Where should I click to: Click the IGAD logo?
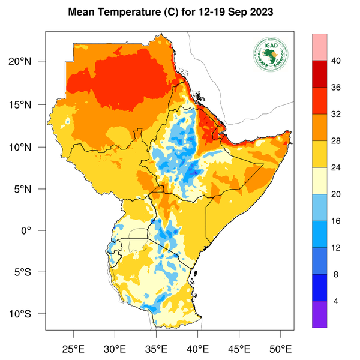[x=271, y=55]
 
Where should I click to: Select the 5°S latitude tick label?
[x=28, y=272]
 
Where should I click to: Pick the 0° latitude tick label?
[x=34, y=230]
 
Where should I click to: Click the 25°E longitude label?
[x=74, y=349]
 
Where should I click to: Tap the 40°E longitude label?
[x=197, y=349]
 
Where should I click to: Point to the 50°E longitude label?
[x=280, y=349]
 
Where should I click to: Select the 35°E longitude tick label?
[x=156, y=349]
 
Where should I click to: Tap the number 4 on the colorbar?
[x=335, y=301]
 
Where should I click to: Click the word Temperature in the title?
[x=125, y=12]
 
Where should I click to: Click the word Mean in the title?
[x=82, y=12]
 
